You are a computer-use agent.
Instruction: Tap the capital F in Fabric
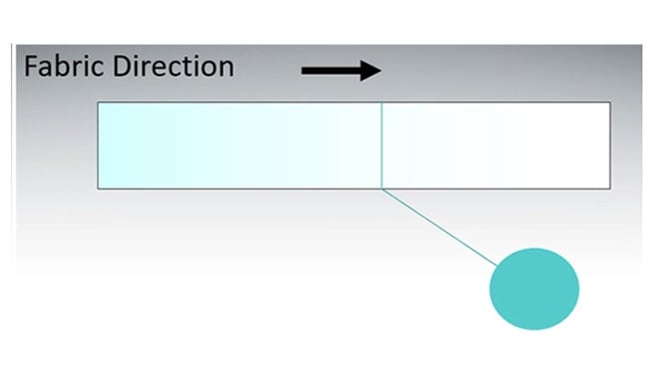(x=30, y=67)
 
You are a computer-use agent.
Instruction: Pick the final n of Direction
(x=226, y=70)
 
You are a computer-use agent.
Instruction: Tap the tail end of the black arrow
(x=305, y=70)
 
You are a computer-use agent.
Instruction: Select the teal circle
(x=534, y=288)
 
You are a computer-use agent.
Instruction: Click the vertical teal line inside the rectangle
(x=381, y=145)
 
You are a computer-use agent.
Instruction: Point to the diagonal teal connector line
(x=439, y=227)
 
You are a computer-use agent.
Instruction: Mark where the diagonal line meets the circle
(x=498, y=266)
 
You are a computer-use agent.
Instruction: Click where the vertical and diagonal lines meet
(x=381, y=187)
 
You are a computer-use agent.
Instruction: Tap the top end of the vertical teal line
(x=381, y=103)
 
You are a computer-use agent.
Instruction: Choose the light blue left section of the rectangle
(x=240, y=145)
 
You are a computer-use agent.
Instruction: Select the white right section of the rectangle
(x=496, y=145)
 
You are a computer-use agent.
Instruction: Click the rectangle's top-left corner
(x=98, y=103)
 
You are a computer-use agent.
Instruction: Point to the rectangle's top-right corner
(x=610, y=103)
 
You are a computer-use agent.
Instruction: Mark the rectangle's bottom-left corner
(x=98, y=187)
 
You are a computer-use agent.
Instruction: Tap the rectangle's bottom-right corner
(x=610, y=187)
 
